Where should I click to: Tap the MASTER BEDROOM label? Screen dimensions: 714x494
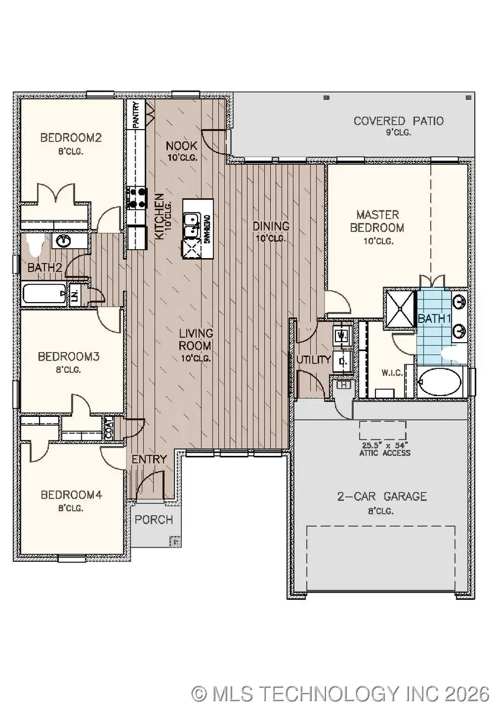(x=377, y=221)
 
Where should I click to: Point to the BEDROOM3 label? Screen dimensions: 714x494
(x=69, y=356)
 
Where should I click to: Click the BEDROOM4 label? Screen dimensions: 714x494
(x=71, y=495)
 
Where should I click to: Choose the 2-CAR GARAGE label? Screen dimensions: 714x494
(x=382, y=497)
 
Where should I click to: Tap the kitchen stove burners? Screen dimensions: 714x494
(x=137, y=198)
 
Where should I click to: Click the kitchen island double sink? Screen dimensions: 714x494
(x=190, y=226)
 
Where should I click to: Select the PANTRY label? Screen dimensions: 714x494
(x=135, y=114)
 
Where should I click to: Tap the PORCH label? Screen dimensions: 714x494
(x=154, y=520)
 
